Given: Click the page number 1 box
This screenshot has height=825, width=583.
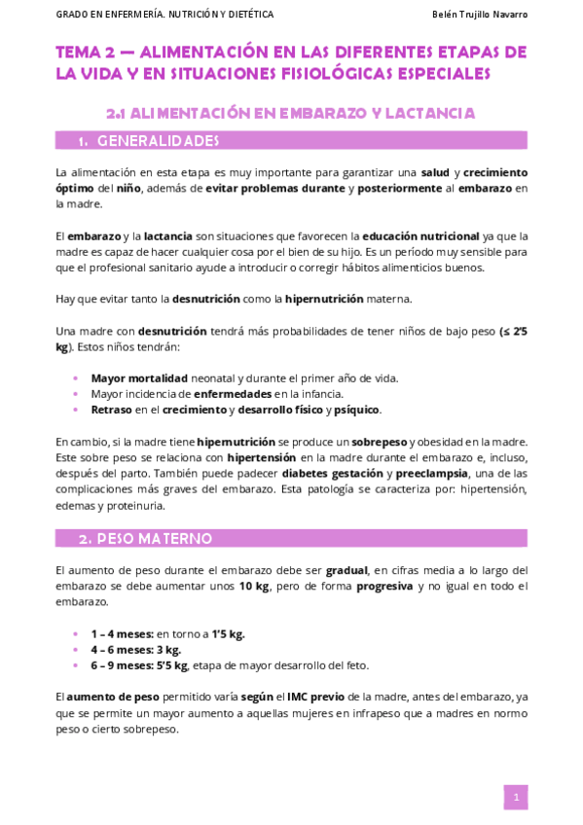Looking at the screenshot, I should pyautogui.click(x=515, y=798).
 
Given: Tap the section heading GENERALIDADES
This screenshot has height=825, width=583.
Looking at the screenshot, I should pyautogui.click(x=158, y=141).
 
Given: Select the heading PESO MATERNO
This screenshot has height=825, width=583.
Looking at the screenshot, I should pyautogui.click(x=155, y=538).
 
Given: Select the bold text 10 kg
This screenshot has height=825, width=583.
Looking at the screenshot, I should pyautogui.click(x=255, y=586).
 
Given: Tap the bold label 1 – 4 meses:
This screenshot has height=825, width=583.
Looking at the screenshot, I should pyautogui.click(x=122, y=633).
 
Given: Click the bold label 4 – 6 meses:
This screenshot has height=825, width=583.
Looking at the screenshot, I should pyautogui.click(x=122, y=649).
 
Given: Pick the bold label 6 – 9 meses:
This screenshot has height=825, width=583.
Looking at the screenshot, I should pyautogui.click(x=122, y=665).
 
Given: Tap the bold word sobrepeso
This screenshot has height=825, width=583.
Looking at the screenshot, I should pyautogui.click(x=381, y=441).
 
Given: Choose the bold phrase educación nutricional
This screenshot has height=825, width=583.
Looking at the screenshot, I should pyautogui.click(x=420, y=235).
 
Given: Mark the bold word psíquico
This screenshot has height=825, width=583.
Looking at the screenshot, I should pyautogui.click(x=356, y=410).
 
